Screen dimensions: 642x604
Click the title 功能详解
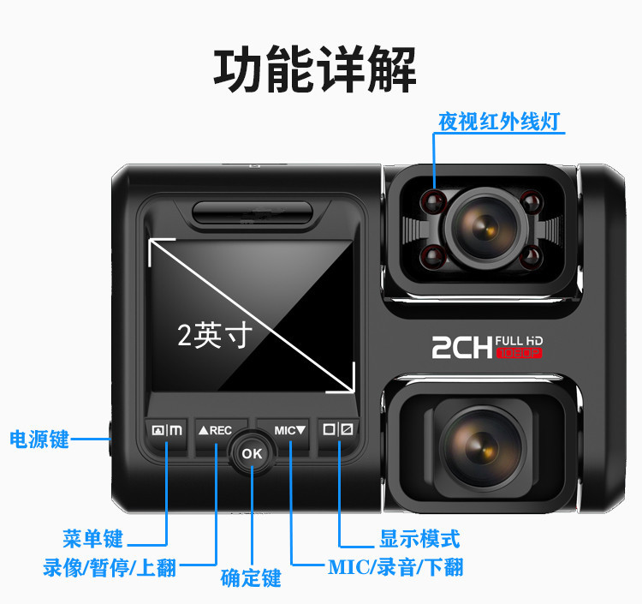point(315,69)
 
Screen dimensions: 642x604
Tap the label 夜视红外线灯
point(499,122)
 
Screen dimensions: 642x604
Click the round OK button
point(252,453)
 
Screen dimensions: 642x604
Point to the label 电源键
point(39,440)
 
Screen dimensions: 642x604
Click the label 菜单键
point(93,538)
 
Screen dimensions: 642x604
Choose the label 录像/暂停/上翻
point(110,567)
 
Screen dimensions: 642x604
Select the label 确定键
point(251,578)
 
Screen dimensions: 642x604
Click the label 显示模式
point(419,538)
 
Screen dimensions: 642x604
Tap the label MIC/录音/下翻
point(395,567)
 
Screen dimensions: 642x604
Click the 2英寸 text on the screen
point(215,335)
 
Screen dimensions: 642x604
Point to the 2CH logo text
point(462,348)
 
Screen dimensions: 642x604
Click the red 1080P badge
point(520,353)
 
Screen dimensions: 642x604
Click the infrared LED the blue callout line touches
point(434,200)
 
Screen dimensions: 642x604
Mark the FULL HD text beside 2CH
point(519,340)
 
